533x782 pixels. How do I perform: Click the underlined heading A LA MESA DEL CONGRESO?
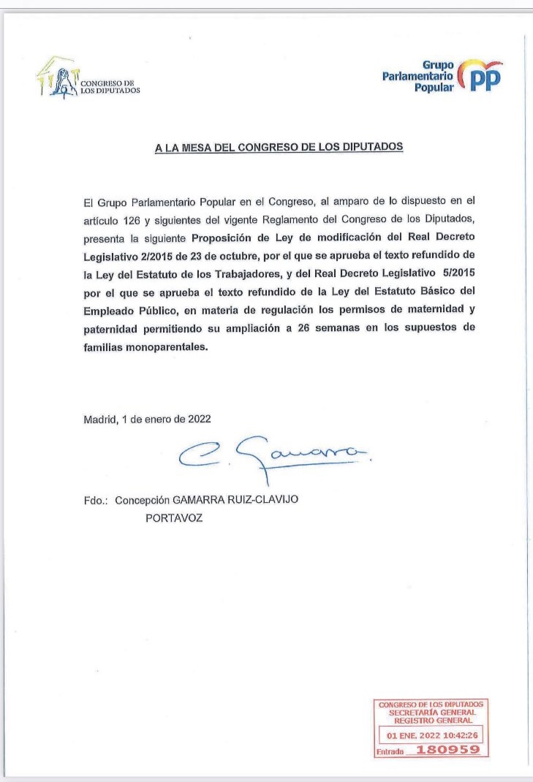279,147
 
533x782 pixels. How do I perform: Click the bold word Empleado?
110,311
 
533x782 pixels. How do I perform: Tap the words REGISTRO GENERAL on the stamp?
430,720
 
